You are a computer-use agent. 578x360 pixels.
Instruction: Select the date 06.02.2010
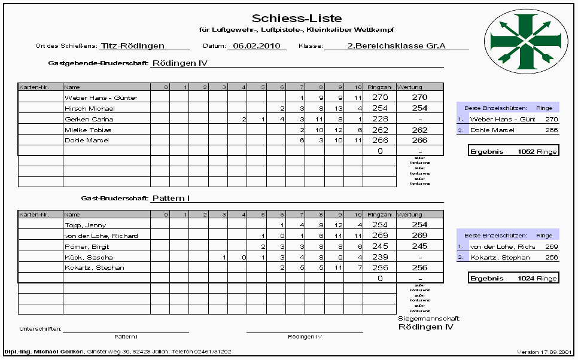click(x=257, y=45)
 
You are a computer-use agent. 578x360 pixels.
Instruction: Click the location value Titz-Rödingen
click(x=132, y=45)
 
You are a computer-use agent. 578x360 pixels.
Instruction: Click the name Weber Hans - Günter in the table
click(x=101, y=97)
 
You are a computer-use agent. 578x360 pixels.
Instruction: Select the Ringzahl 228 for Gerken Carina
click(x=380, y=119)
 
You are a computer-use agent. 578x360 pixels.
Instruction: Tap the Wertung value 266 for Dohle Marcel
click(x=419, y=141)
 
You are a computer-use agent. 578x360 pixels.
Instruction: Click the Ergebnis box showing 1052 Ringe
click(x=513, y=151)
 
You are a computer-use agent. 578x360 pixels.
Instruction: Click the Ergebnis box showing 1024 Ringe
click(x=513, y=278)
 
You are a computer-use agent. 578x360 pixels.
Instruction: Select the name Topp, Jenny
click(x=85, y=225)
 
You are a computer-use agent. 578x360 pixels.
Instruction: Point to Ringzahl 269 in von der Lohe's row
click(x=380, y=236)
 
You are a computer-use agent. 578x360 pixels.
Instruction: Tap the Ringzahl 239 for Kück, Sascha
click(x=380, y=257)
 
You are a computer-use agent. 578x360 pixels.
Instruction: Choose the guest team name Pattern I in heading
click(x=171, y=197)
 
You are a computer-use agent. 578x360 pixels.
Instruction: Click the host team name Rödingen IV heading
click(x=180, y=62)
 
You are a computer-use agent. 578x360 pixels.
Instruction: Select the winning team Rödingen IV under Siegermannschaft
click(x=425, y=327)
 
